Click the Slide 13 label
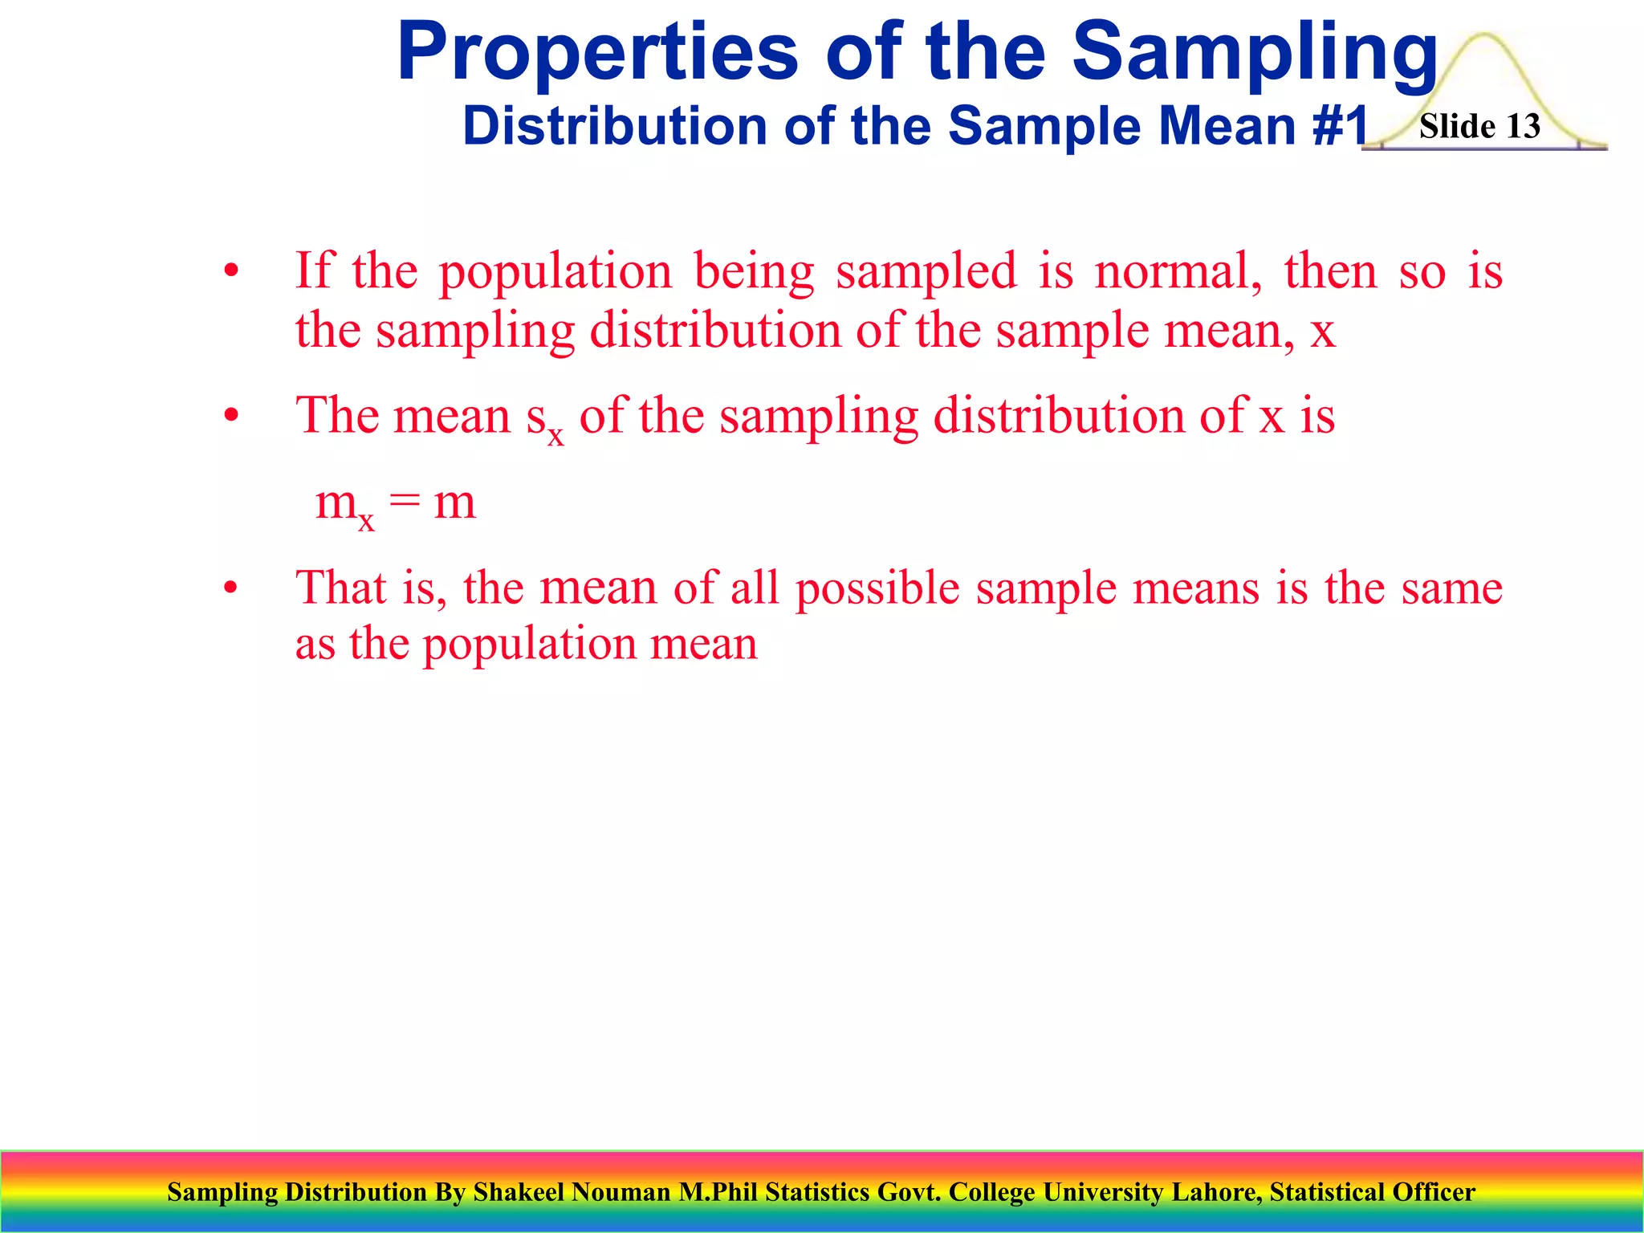1479,127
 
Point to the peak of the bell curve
1484,36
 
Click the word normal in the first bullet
1178,271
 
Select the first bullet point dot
231,271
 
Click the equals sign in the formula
405,503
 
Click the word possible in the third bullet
877,589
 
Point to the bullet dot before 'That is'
231,588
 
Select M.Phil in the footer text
718,1192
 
